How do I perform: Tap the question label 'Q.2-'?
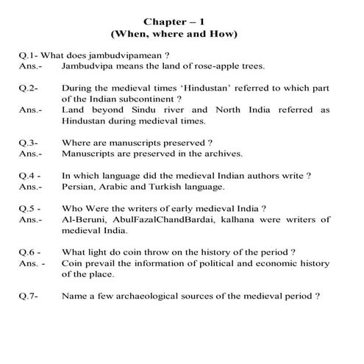29,88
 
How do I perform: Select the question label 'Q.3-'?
29,142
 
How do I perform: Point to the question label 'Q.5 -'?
29,207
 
